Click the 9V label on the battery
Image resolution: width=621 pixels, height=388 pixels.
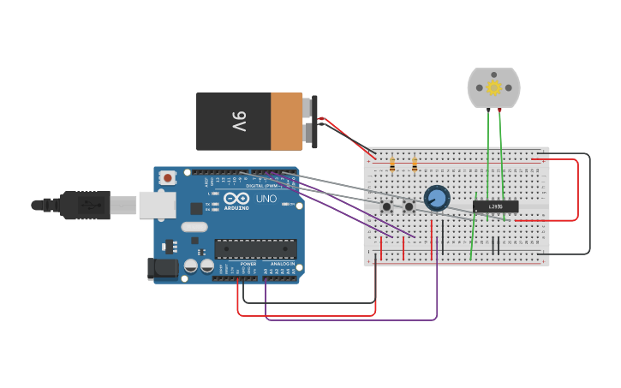click(237, 121)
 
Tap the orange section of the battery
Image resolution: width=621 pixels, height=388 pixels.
click(287, 121)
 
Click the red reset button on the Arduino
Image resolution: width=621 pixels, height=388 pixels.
click(168, 178)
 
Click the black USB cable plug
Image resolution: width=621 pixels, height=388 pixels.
click(86, 205)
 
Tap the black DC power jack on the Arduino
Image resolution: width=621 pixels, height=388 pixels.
click(163, 268)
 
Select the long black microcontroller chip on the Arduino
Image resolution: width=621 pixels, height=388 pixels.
click(255, 248)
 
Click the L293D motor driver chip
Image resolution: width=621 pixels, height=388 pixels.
click(495, 206)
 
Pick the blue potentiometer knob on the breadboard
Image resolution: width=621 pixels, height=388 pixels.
click(437, 198)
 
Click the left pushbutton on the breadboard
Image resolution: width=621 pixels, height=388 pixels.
click(387, 206)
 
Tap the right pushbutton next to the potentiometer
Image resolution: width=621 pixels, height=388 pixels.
click(409, 206)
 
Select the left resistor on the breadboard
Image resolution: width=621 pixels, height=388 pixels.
click(392, 164)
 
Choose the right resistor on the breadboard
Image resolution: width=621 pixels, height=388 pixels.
click(415, 164)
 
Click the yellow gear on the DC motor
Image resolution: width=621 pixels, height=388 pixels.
click(493, 87)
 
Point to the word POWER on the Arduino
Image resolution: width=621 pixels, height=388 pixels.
click(248, 264)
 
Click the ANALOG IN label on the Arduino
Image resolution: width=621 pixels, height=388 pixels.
click(282, 264)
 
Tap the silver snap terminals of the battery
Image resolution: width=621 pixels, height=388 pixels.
click(309, 121)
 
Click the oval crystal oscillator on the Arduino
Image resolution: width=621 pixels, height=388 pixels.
click(194, 227)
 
